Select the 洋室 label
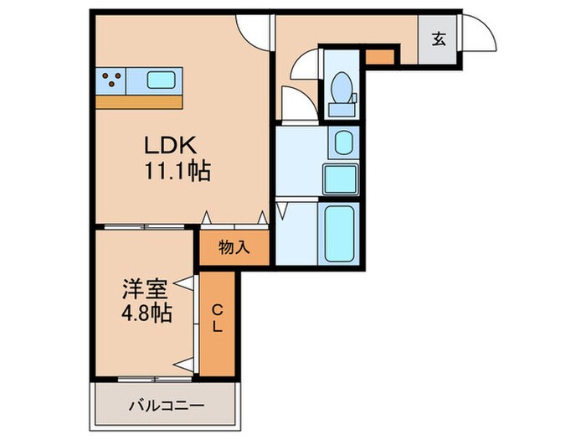(x=146, y=290)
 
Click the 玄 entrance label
(x=438, y=39)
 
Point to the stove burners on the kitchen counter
(x=113, y=80)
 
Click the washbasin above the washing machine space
(x=343, y=142)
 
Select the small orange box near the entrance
(x=380, y=58)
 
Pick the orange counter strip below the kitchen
(x=139, y=101)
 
